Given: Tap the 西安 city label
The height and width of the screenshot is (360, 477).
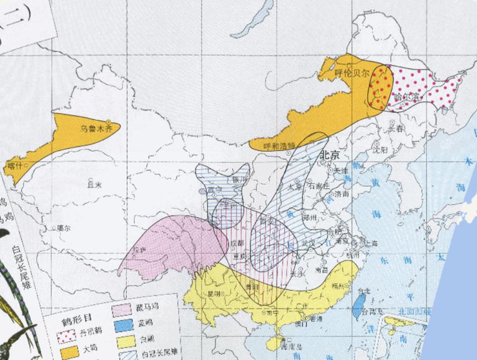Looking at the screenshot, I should [x=267, y=221].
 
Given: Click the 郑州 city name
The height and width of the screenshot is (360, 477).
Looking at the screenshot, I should [x=309, y=218].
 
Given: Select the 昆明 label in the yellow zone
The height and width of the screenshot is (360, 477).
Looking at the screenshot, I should [x=214, y=292].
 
